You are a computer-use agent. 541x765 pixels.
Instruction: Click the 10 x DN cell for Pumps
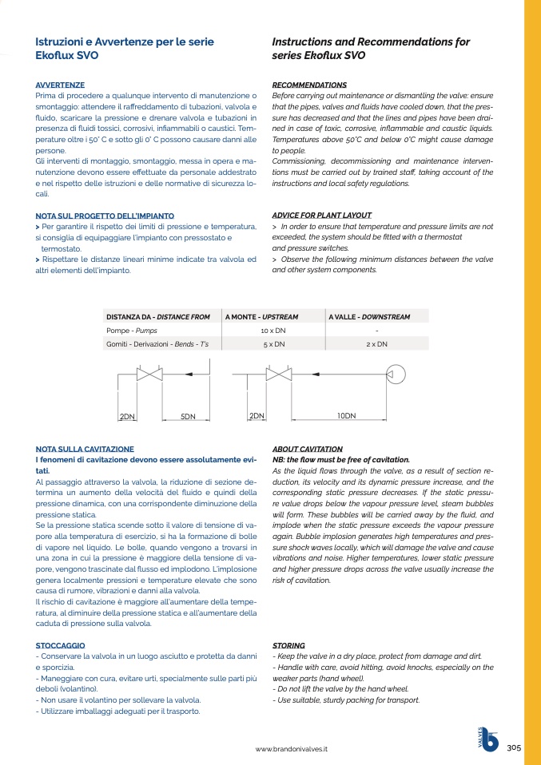tap(273, 330)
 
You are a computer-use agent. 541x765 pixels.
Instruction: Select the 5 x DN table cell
tap(273, 344)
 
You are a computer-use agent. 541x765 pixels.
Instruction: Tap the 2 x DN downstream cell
tap(376, 344)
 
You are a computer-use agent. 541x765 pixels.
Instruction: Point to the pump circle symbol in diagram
tap(395, 373)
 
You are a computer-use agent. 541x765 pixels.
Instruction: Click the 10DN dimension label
tap(346, 416)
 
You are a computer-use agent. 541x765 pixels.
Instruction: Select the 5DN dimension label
tap(188, 417)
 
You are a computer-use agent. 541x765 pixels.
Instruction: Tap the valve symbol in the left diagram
tap(149, 374)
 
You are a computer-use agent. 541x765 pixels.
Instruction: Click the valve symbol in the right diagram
tap(278, 374)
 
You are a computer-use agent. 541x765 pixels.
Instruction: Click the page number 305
tap(514, 747)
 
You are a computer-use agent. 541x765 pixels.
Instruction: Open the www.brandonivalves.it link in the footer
tap(292, 749)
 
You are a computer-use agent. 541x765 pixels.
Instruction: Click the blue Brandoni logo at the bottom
tap(487, 741)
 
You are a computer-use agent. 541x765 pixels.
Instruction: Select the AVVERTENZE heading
tap(60, 85)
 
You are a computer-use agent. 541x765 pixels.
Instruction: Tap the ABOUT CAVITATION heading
tap(307, 450)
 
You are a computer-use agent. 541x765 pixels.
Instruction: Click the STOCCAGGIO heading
tap(61, 644)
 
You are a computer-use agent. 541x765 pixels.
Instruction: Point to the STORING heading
tap(288, 644)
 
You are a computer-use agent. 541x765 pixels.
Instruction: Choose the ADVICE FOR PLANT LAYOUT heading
tap(322, 216)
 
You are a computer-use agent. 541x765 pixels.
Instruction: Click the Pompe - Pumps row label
tap(130, 330)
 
